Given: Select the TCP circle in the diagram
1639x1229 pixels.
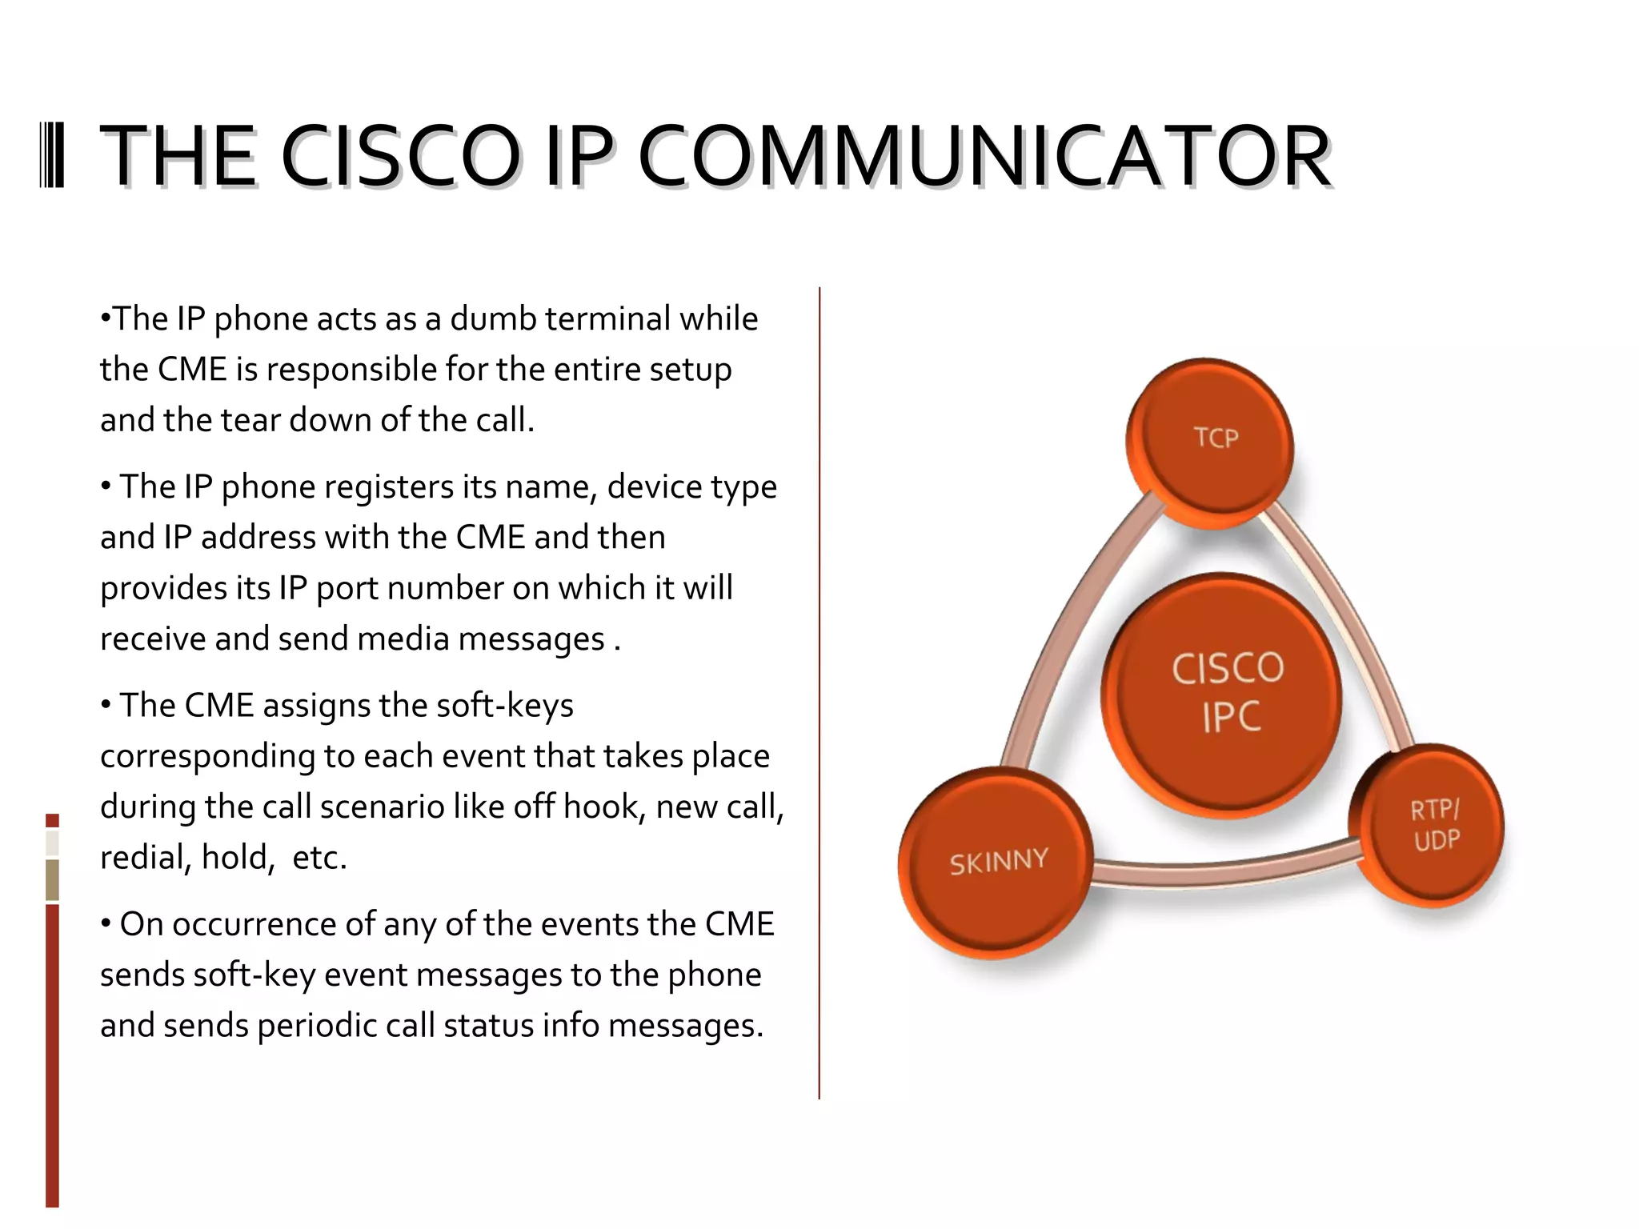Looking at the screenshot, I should [1210, 442].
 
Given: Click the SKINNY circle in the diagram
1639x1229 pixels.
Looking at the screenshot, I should [996, 863].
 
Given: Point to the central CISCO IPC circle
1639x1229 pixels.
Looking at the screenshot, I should [1223, 695].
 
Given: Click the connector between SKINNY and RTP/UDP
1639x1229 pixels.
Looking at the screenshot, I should [1224, 871].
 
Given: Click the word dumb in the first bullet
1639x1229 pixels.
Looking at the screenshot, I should [493, 319].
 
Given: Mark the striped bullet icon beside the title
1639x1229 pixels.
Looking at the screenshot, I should [52, 156].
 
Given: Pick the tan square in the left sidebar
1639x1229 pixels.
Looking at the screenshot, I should [52, 880].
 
